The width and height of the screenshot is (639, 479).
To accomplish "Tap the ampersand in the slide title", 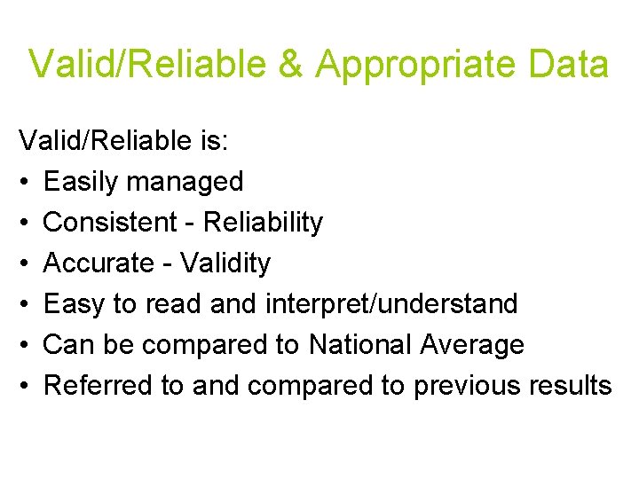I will (x=290, y=65).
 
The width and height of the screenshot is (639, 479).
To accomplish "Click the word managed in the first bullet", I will (x=185, y=182).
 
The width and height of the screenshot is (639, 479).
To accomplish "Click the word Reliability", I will (x=263, y=223).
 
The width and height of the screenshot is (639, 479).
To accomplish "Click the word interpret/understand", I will (x=390, y=304).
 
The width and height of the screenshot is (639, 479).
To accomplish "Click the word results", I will (x=570, y=386).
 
